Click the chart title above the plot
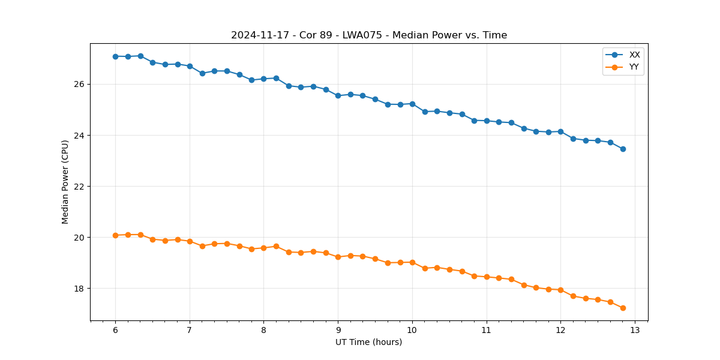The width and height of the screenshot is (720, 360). point(369,35)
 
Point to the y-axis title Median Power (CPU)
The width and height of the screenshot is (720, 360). point(65,182)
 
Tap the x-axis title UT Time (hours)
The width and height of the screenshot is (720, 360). point(368,342)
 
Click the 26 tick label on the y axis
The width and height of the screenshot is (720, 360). point(79,84)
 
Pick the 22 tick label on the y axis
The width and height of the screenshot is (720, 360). point(79,187)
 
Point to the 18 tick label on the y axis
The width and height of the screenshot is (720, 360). point(79,289)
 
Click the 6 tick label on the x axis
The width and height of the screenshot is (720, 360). point(115,331)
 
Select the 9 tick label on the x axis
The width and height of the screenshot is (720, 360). point(338,331)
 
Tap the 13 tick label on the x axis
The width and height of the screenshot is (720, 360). point(635,331)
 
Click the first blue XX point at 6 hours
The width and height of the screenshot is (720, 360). point(115,56)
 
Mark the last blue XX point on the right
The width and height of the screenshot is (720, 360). point(623,149)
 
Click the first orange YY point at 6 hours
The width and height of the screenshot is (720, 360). point(115,235)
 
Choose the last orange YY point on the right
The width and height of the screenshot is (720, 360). point(623,308)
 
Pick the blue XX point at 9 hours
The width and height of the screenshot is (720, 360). point(338,95)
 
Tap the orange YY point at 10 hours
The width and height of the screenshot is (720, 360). point(412,262)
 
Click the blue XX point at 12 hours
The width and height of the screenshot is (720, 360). point(560,131)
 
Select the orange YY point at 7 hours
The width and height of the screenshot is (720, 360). point(190,241)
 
